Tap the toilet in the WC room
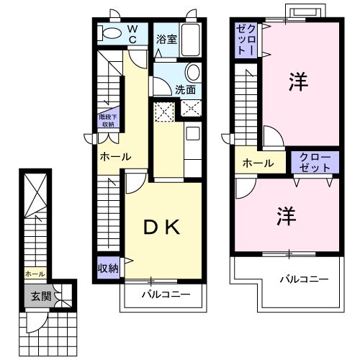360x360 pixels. (x=112, y=33)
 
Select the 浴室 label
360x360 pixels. (x=166, y=39)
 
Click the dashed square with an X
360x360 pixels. (x=165, y=110)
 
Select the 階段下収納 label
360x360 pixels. (x=107, y=120)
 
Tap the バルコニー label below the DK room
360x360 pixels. (x=166, y=295)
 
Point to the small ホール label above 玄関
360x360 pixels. (x=34, y=274)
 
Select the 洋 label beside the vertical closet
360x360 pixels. (x=296, y=81)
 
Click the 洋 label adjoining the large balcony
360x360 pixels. (x=286, y=216)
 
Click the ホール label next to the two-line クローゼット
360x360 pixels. (x=258, y=163)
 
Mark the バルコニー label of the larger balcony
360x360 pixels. (x=304, y=279)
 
